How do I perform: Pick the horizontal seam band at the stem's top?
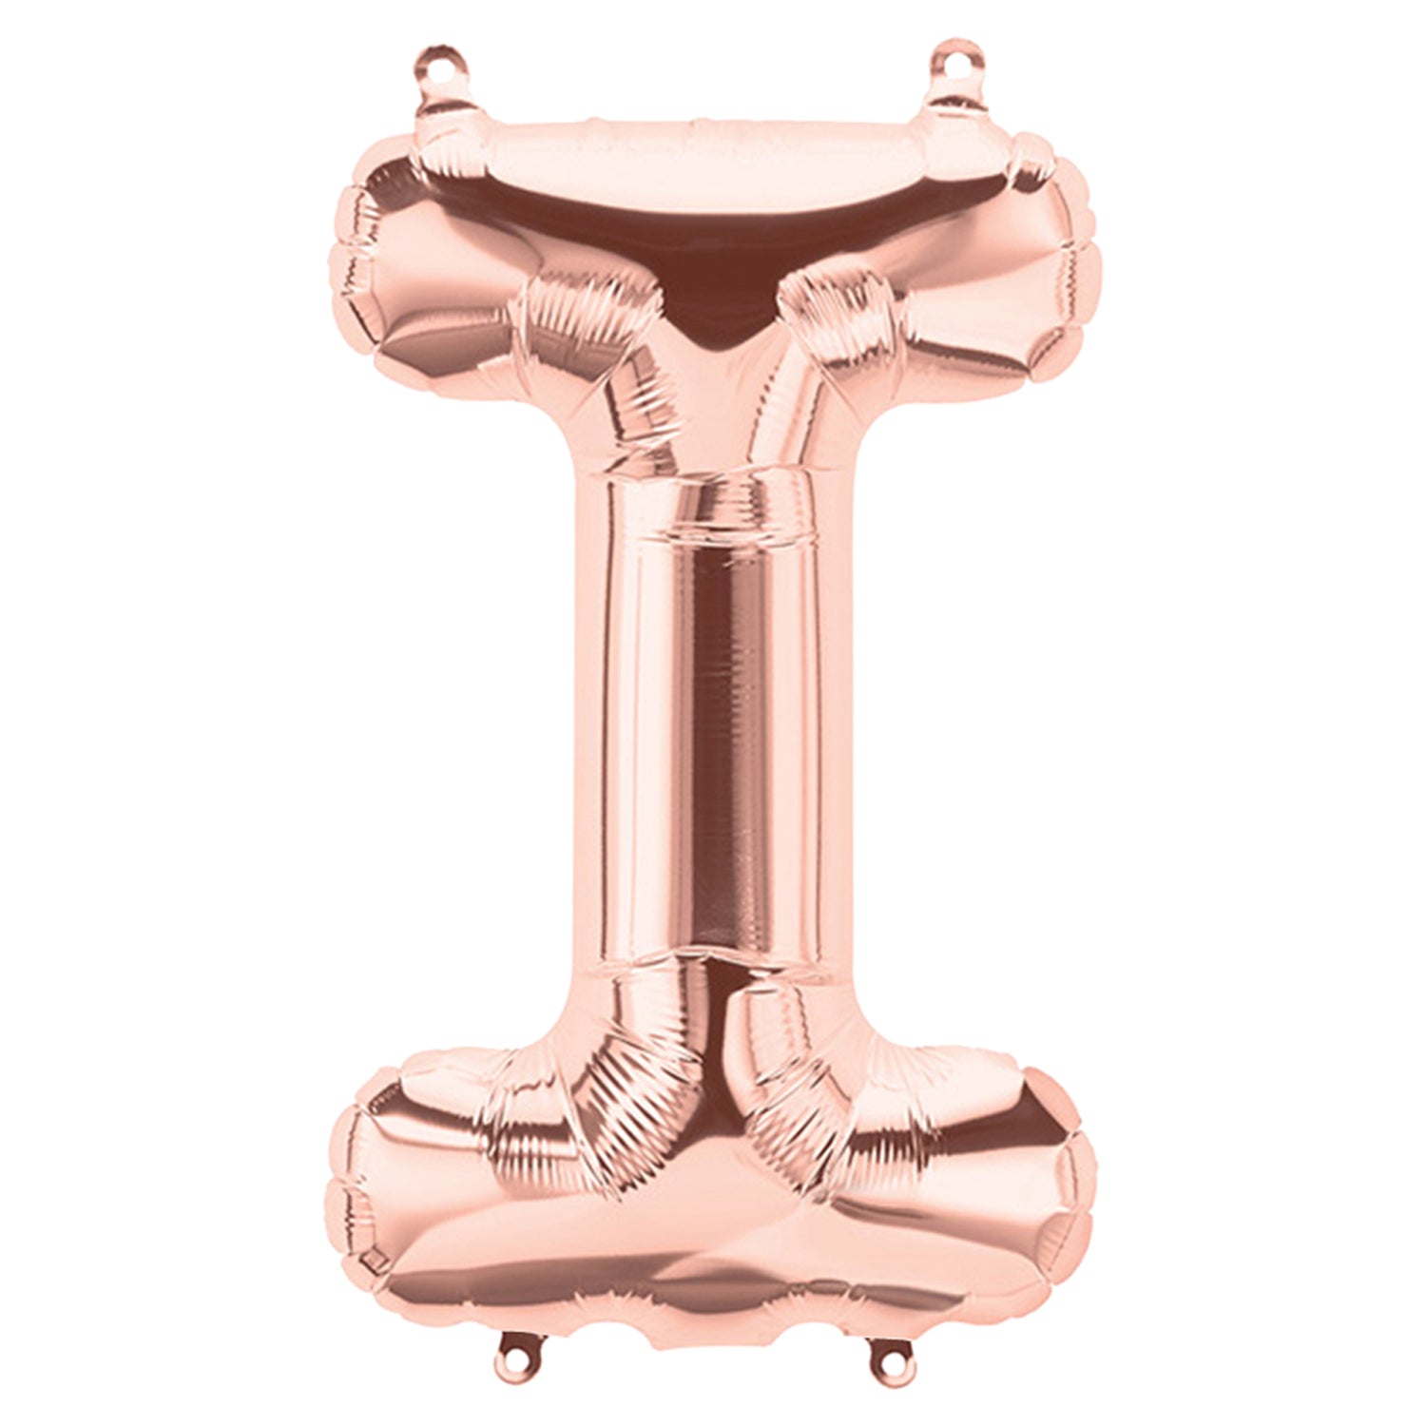click(x=708, y=509)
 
